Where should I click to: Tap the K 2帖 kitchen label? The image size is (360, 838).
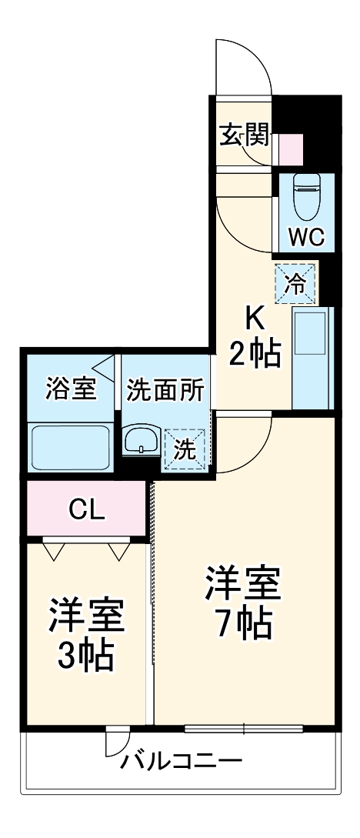[x=253, y=338]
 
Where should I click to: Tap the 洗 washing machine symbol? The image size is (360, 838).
[x=185, y=449]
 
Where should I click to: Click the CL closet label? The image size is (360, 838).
[x=87, y=509]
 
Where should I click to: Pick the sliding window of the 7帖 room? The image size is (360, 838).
[x=244, y=727]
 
